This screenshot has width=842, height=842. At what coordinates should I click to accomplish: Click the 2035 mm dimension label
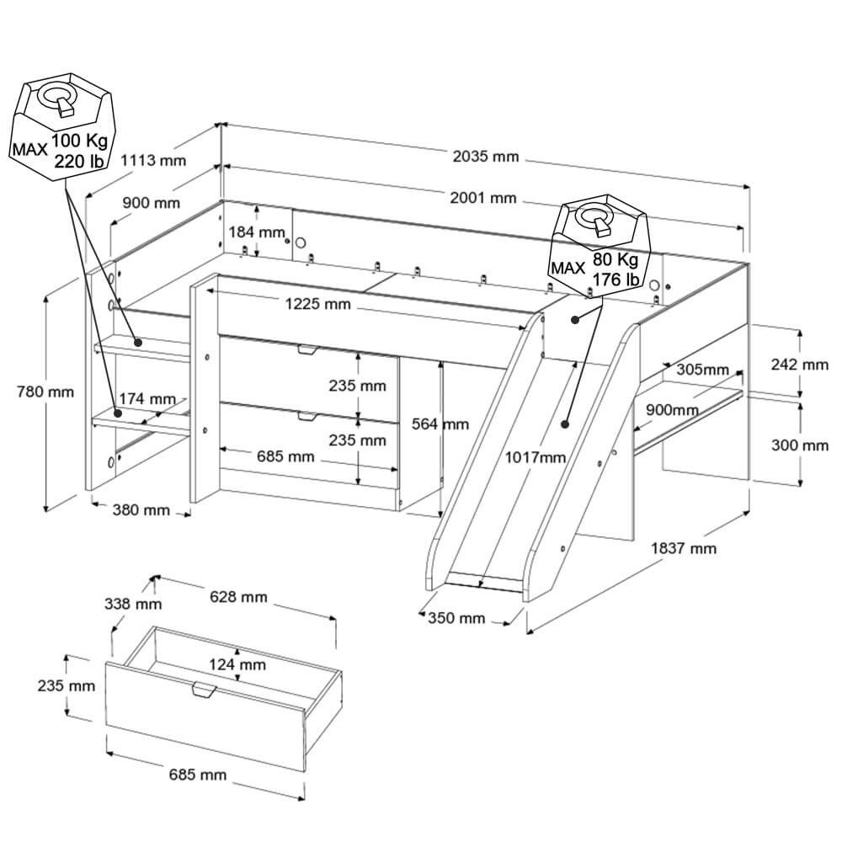486,156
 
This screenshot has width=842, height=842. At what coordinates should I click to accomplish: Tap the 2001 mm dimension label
482,198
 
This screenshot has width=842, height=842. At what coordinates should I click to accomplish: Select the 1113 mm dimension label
152,161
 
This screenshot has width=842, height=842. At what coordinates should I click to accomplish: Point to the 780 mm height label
45,392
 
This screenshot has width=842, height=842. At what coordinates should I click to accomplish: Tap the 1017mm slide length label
536,457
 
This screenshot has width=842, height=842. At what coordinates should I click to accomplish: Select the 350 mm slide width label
456,618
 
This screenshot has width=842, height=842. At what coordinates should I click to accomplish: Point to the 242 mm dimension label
800,365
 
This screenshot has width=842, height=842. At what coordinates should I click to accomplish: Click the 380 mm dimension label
141,510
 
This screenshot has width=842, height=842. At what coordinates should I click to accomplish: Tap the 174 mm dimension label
147,398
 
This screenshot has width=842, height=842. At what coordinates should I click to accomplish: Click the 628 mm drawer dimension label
238,597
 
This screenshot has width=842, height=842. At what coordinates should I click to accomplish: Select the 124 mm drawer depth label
237,664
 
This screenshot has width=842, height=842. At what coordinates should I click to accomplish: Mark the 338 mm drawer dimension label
133,604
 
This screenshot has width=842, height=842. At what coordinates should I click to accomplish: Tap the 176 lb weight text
615,279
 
